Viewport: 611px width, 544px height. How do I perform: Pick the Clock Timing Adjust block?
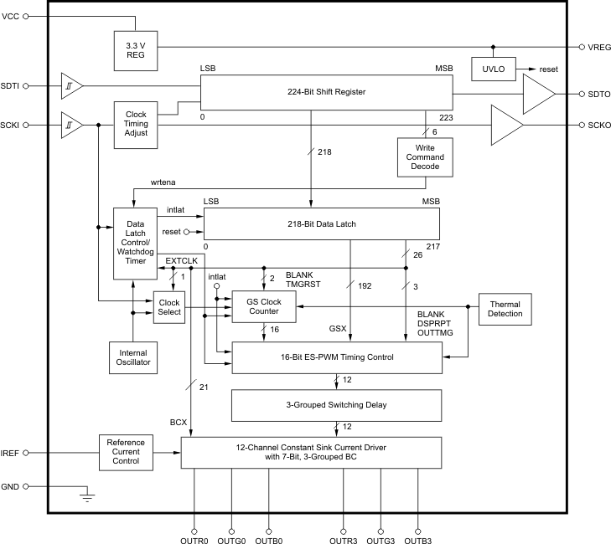[136, 125]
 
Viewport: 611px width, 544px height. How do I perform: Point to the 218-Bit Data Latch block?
[322, 224]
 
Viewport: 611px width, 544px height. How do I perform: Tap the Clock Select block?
[168, 307]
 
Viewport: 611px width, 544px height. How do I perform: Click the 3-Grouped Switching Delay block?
[337, 406]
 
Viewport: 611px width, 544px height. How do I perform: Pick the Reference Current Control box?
[126, 452]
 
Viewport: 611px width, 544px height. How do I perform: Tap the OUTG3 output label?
[381, 541]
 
